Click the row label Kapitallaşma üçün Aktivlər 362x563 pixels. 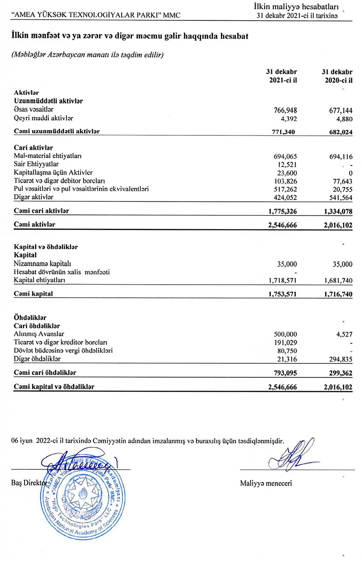coord(53,172)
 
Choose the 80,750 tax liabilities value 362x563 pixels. coord(287,351)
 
